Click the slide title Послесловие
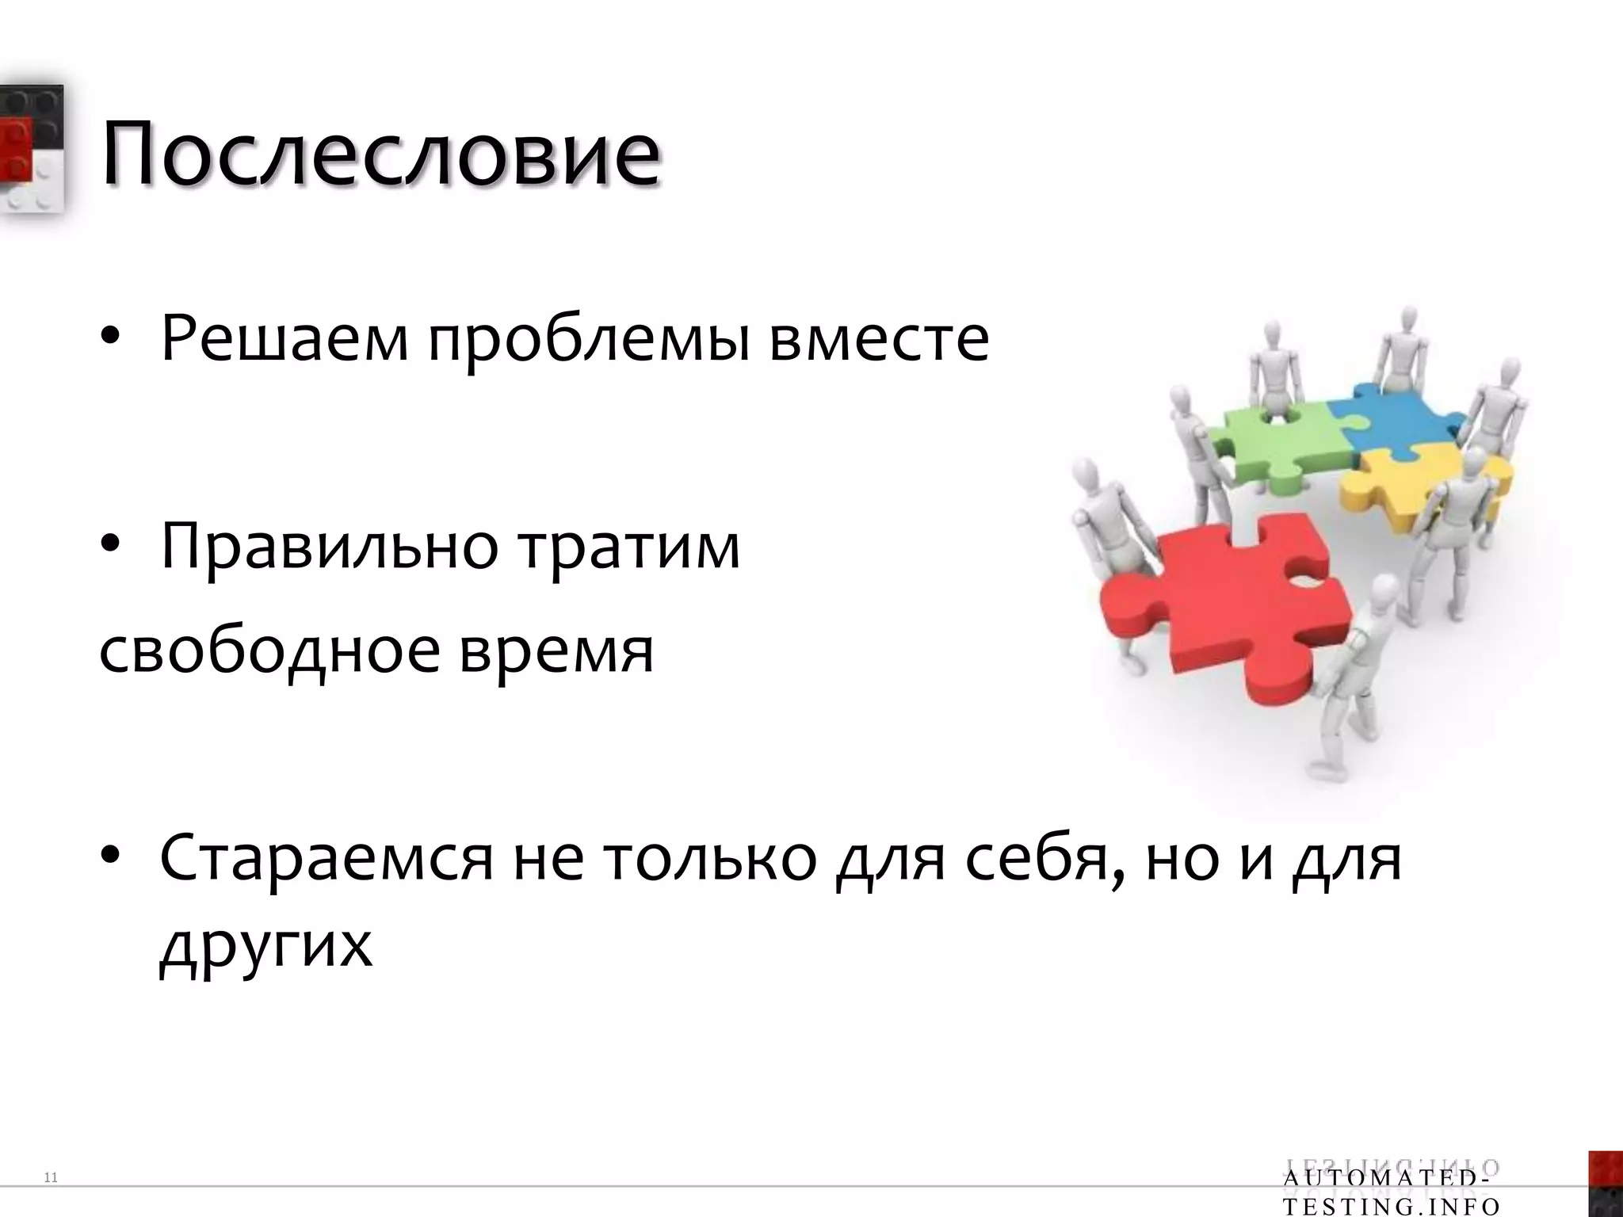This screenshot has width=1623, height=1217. (380, 152)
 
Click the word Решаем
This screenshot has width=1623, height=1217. (285, 339)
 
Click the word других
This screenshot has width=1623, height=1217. (265, 947)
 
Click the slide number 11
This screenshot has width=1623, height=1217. (52, 1178)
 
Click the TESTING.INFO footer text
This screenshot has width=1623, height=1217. (1391, 1207)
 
